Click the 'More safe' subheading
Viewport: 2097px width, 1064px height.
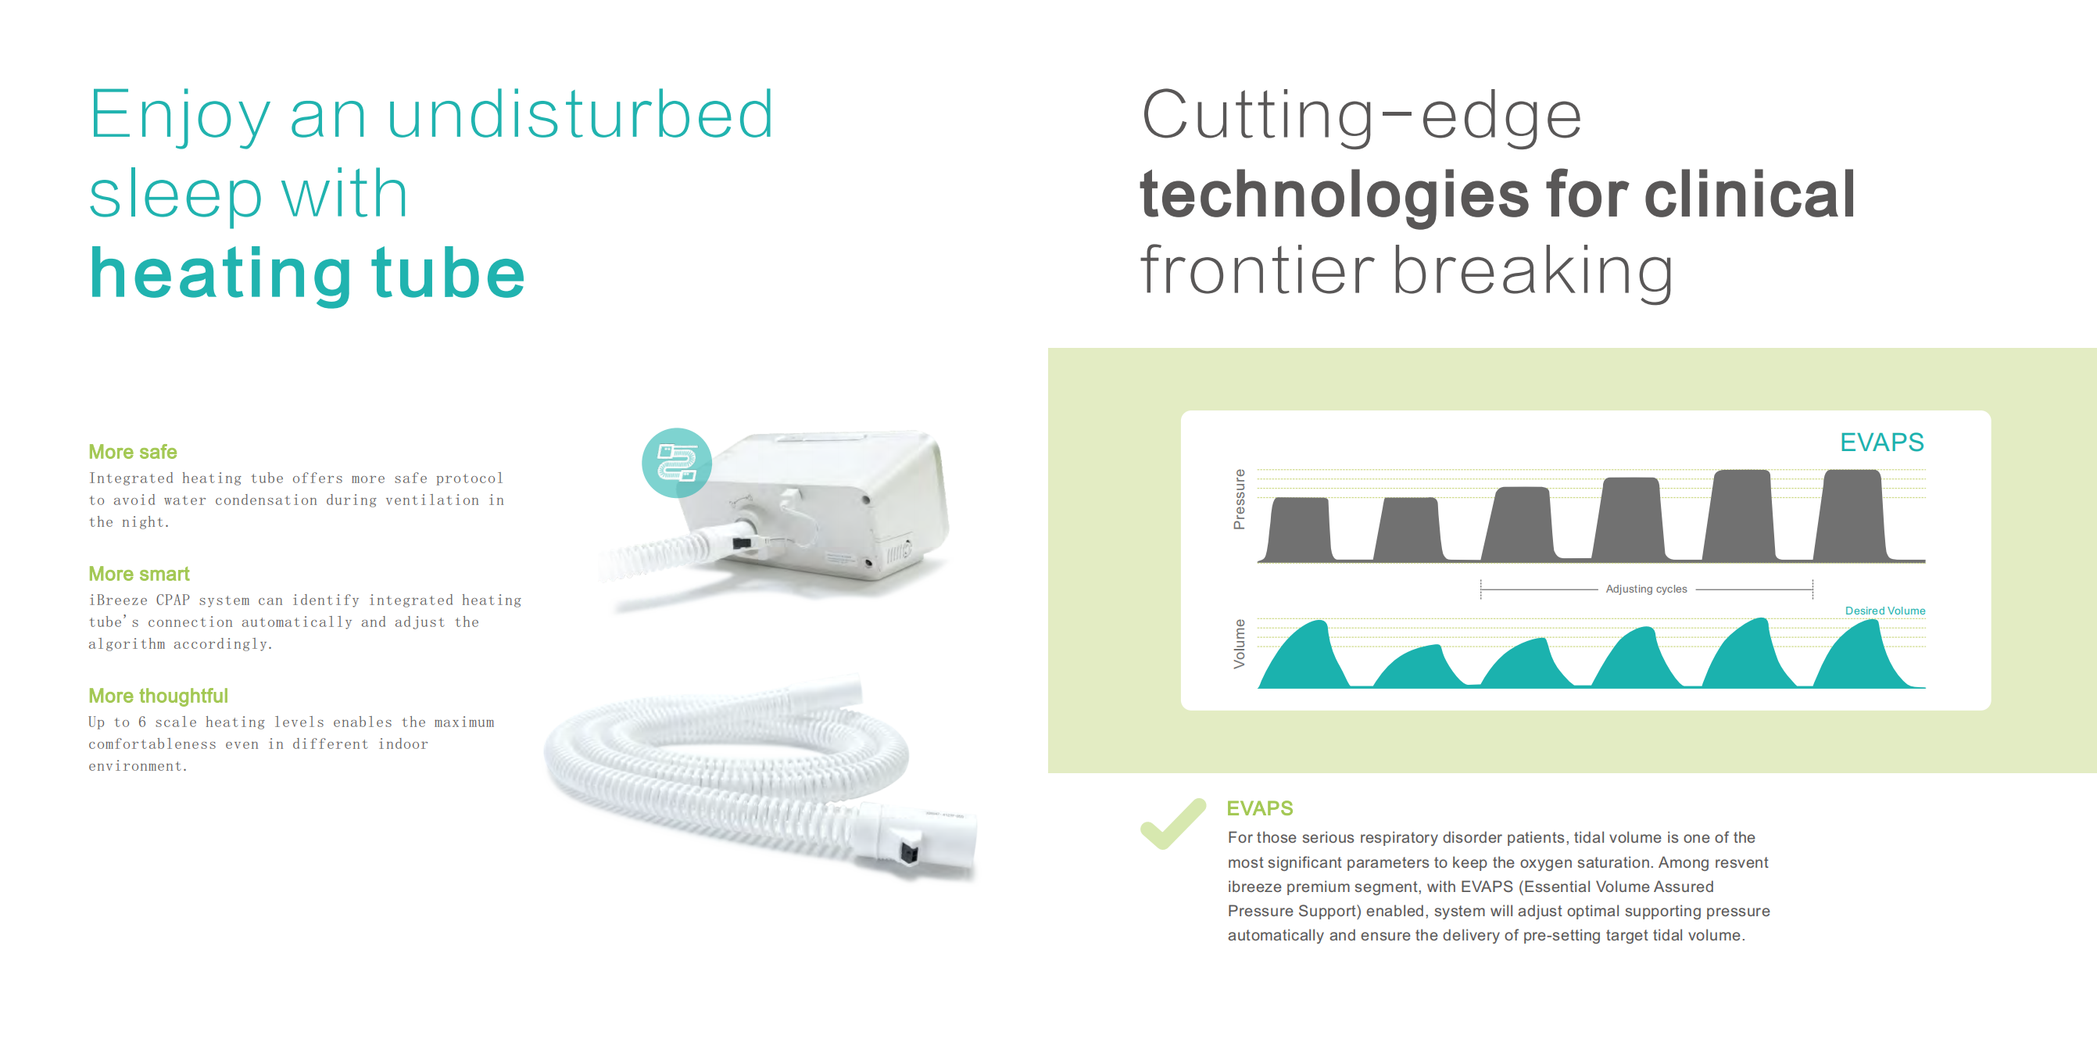click(133, 452)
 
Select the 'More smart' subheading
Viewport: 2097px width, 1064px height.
click(139, 574)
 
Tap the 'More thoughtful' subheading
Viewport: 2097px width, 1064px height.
click(158, 696)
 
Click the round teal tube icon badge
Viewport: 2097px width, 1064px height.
click(677, 462)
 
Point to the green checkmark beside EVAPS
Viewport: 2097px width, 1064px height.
click(1173, 824)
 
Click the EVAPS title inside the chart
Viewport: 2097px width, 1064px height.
click(1881, 442)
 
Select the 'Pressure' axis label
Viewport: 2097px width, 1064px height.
click(1239, 499)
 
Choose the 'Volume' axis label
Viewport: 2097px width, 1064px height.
click(1239, 644)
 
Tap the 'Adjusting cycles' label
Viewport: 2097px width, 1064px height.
click(1646, 589)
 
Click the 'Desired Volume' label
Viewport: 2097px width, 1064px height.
click(1884, 611)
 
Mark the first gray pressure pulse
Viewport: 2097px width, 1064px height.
click(1300, 529)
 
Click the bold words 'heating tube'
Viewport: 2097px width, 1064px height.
click(307, 274)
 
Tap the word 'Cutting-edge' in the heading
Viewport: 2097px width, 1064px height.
click(1361, 116)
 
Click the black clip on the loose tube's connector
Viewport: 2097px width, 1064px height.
click(908, 852)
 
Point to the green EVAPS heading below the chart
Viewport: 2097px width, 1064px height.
click(1259, 808)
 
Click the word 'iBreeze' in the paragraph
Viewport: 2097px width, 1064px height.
click(117, 600)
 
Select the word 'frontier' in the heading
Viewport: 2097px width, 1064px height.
click(1257, 270)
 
